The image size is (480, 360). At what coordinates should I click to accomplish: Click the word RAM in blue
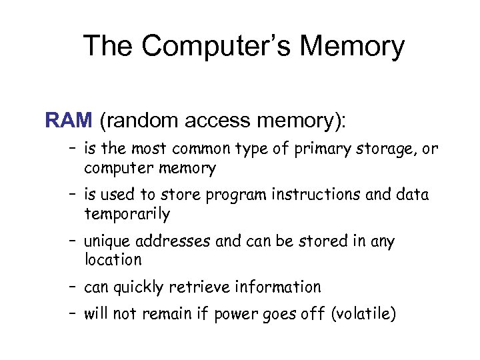[69, 120]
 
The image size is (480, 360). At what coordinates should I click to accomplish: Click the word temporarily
[127, 215]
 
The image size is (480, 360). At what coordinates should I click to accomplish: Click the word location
[113, 260]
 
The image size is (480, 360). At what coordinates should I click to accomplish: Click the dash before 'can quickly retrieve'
[71, 287]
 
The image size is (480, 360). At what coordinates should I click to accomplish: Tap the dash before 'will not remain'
[71, 314]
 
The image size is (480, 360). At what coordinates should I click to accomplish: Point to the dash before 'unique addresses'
[71, 241]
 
